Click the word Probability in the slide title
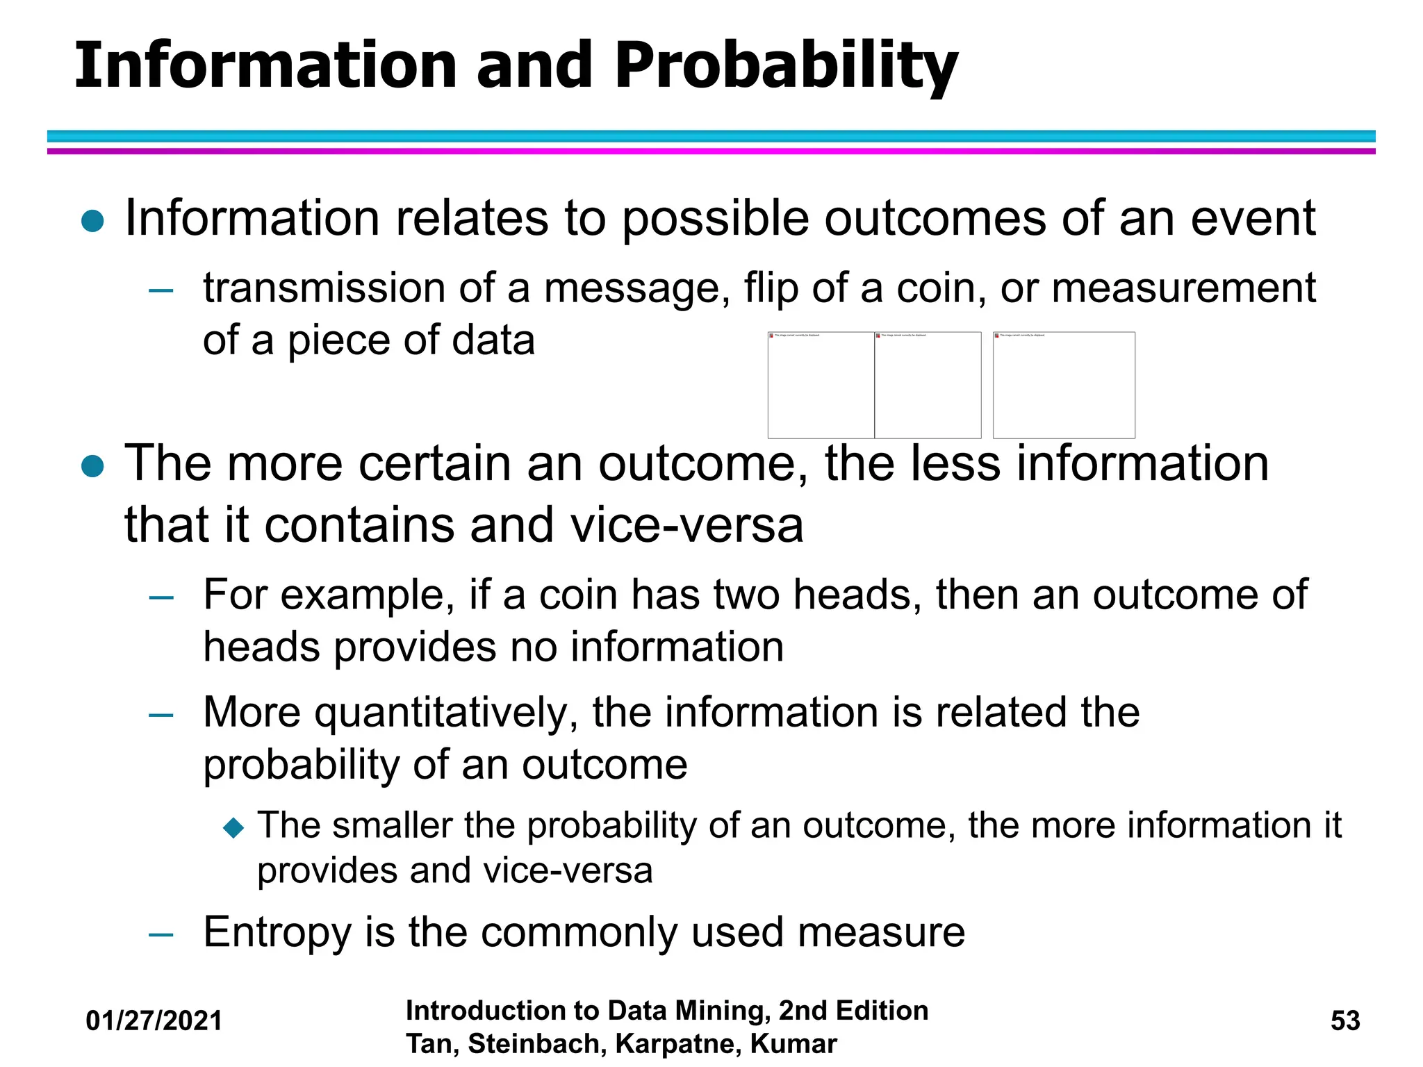[785, 66]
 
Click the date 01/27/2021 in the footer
[154, 1020]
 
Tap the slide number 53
[1345, 1020]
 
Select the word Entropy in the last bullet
[277, 932]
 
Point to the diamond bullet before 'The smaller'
[234, 827]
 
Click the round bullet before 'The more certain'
[92, 466]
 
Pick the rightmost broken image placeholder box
[1064, 385]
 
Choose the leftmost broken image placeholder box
[821, 385]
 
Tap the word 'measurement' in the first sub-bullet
[1183, 288]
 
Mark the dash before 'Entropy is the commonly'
[161, 934]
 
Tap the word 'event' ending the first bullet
[1253, 218]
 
